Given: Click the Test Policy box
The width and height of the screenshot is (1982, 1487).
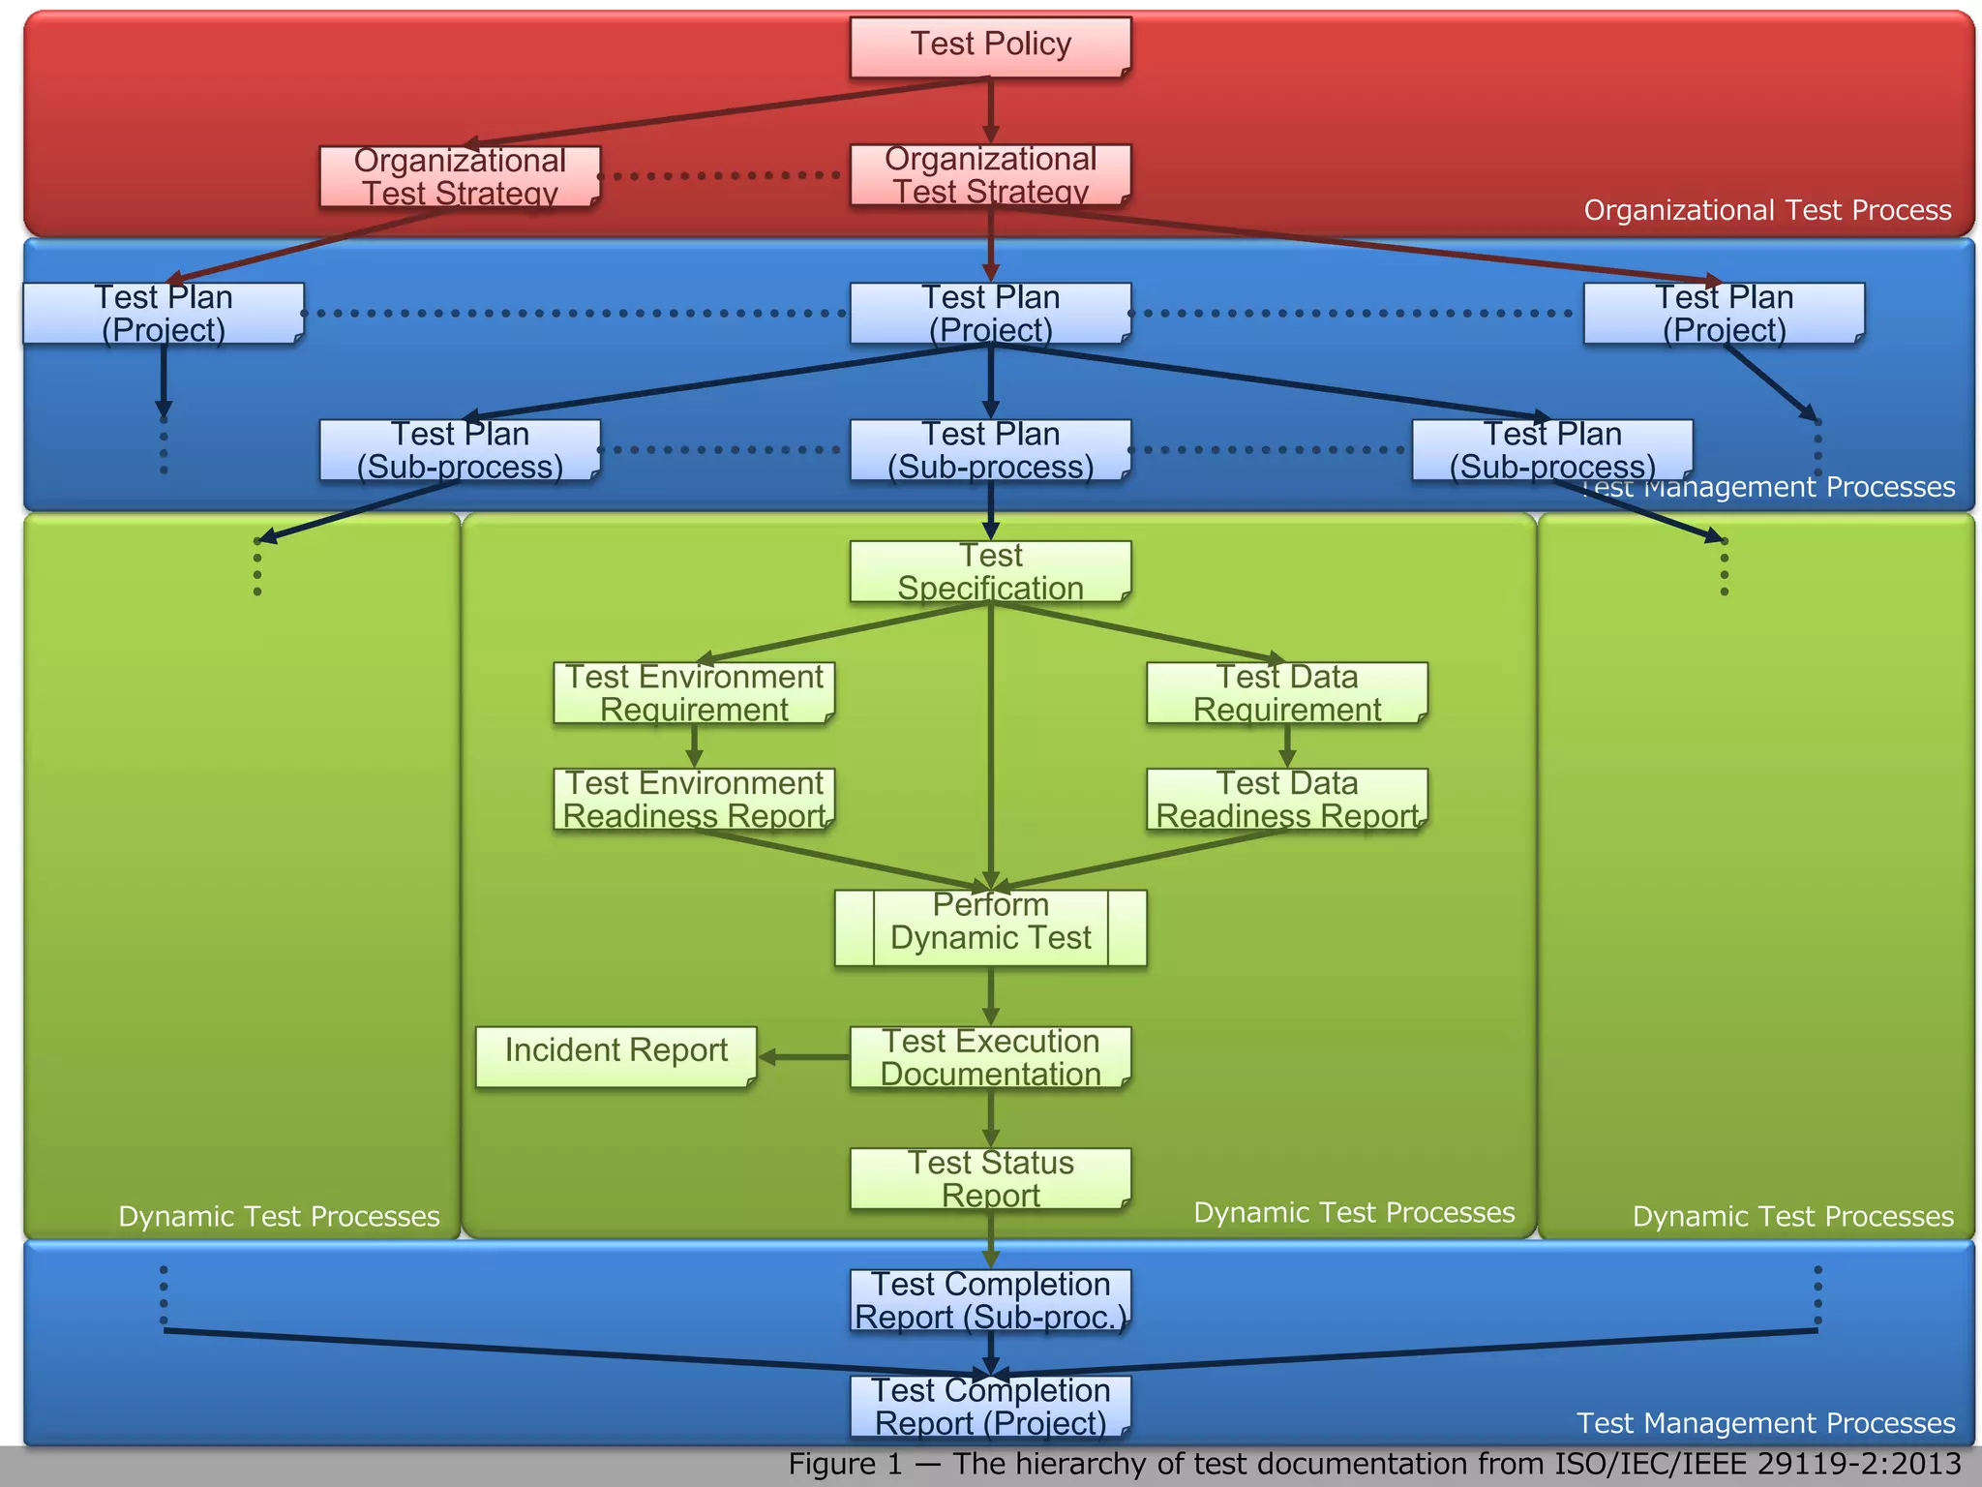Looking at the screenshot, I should point(990,46).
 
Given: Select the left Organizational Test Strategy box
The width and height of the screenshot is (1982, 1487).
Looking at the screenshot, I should point(460,176).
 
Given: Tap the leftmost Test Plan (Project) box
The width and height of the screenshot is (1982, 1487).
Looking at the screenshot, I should point(164,313).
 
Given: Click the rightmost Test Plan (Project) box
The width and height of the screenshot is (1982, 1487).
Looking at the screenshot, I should point(1724,313).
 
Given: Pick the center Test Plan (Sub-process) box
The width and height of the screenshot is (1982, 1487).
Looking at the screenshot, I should point(990,450).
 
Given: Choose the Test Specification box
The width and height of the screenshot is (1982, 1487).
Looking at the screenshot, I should point(990,571).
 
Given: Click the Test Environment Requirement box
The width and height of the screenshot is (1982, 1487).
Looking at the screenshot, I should point(694,693).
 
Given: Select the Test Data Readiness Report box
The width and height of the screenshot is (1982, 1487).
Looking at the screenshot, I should point(1286,800).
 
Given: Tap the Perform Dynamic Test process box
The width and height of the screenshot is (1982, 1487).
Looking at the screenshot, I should point(990,927).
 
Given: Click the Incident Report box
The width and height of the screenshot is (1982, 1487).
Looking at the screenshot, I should point(616,1056).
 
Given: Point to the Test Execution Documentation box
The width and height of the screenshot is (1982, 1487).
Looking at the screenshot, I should point(990,1057).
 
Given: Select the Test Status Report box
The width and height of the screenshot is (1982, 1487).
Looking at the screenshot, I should point(990,1178).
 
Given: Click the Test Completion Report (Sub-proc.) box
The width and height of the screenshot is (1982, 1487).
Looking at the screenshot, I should point(990,1300).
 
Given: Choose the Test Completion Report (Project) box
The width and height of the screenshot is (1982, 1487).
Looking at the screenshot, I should point(990,1407).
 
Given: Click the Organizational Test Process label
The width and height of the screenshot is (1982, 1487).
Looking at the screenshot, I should point(1767,210).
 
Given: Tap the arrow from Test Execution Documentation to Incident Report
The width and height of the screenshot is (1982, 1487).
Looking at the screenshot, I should point(803,1057).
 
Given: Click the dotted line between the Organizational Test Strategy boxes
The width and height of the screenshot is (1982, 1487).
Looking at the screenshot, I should point(721,176).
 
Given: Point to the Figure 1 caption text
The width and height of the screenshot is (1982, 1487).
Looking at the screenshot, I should point(1374,1464).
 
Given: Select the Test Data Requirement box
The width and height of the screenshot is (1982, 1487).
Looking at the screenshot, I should point(1286,693).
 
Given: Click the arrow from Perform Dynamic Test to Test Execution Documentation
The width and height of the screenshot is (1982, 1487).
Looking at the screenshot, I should point(990,995).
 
